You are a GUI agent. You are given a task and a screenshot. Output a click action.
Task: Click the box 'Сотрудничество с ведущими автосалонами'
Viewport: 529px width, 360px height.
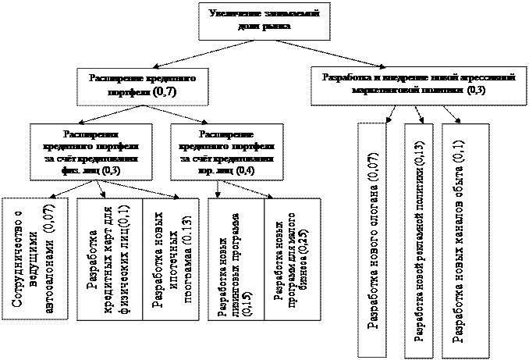point(36,258)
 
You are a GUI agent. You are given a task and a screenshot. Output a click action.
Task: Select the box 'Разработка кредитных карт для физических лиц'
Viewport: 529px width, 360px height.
point(109,258)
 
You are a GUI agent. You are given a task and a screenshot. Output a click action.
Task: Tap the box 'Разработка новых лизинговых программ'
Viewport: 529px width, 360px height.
point(234,258)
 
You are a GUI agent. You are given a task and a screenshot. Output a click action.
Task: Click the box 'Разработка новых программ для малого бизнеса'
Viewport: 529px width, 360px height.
point(290,258)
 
